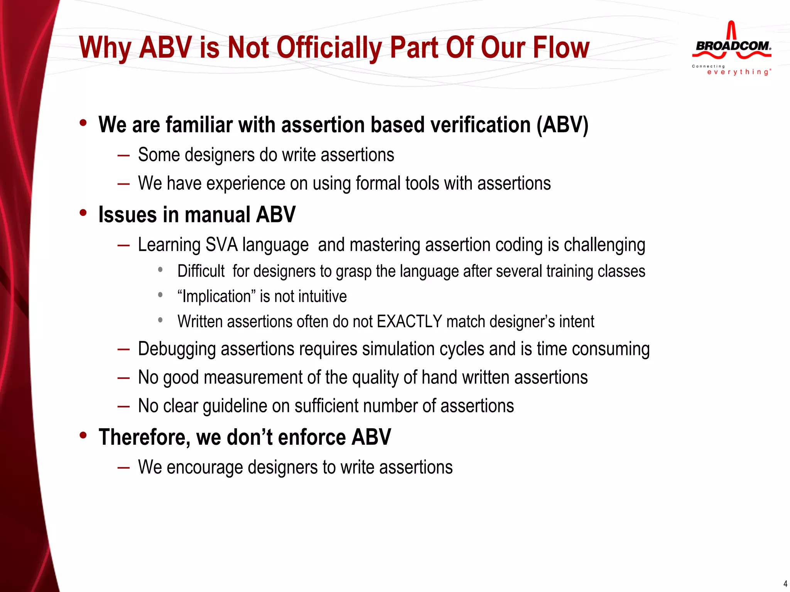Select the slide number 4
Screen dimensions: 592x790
(x=785, y=584)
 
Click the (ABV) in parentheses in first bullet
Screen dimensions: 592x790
(x=562, y=125)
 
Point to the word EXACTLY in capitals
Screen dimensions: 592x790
(x=409, y=321)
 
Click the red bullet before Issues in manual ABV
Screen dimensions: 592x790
(x=83, y=213)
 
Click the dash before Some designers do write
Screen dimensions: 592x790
(x=123, y=155)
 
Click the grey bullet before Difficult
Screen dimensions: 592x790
(x=160, y=270)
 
